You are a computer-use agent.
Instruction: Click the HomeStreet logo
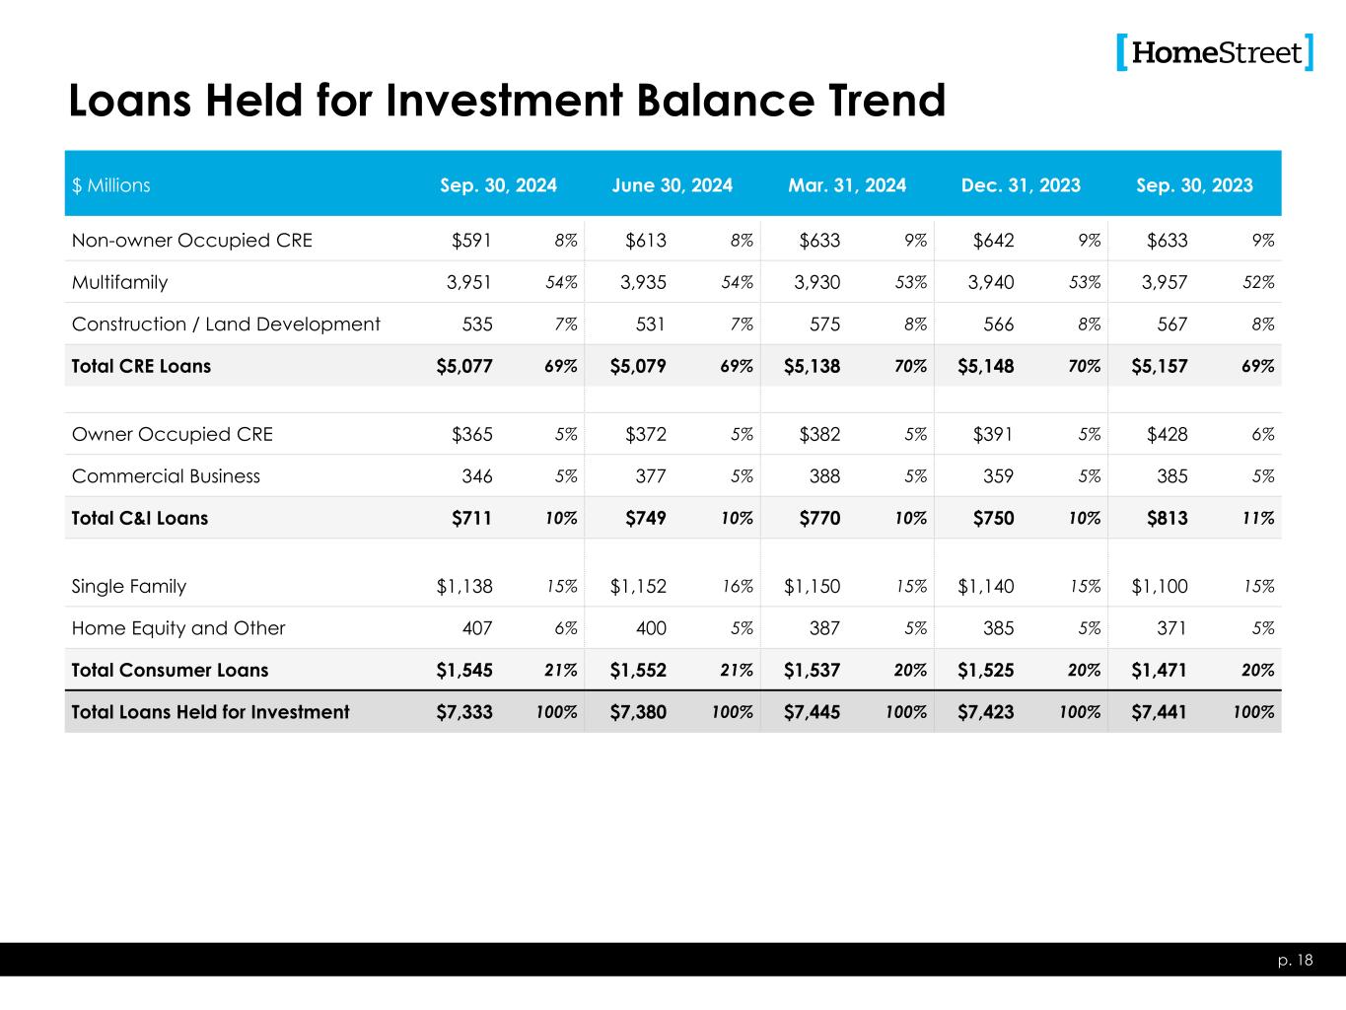click(1215, 52)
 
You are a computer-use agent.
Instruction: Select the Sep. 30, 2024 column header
click(498, 185)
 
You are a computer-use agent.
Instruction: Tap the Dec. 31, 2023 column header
click(1021, 185)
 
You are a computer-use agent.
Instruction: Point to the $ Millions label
click(111, 185)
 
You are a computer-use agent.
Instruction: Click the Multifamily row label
click(120, 282)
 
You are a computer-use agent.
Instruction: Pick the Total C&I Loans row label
click(140, 518)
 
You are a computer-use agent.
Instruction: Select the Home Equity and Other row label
click(178, 628)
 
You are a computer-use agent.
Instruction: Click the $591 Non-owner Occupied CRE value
click(472, 241)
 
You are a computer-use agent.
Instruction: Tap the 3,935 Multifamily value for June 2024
click(643, 282)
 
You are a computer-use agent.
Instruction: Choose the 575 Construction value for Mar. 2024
click(821, 325)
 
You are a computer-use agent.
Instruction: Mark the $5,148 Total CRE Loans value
click(986, 367)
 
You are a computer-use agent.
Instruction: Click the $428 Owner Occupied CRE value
click(1168, 435)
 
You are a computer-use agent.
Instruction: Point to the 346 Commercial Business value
click(477, 476)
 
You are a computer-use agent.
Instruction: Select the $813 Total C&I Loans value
click(1168, 518)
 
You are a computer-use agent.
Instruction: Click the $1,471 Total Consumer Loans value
click(1159, 671)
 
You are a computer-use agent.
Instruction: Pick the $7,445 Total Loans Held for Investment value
click(813, 712)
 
